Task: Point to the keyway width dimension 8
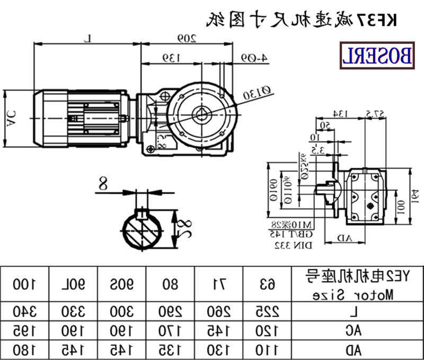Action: [x=102, y=184]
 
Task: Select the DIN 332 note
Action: [x=293, y=246]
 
